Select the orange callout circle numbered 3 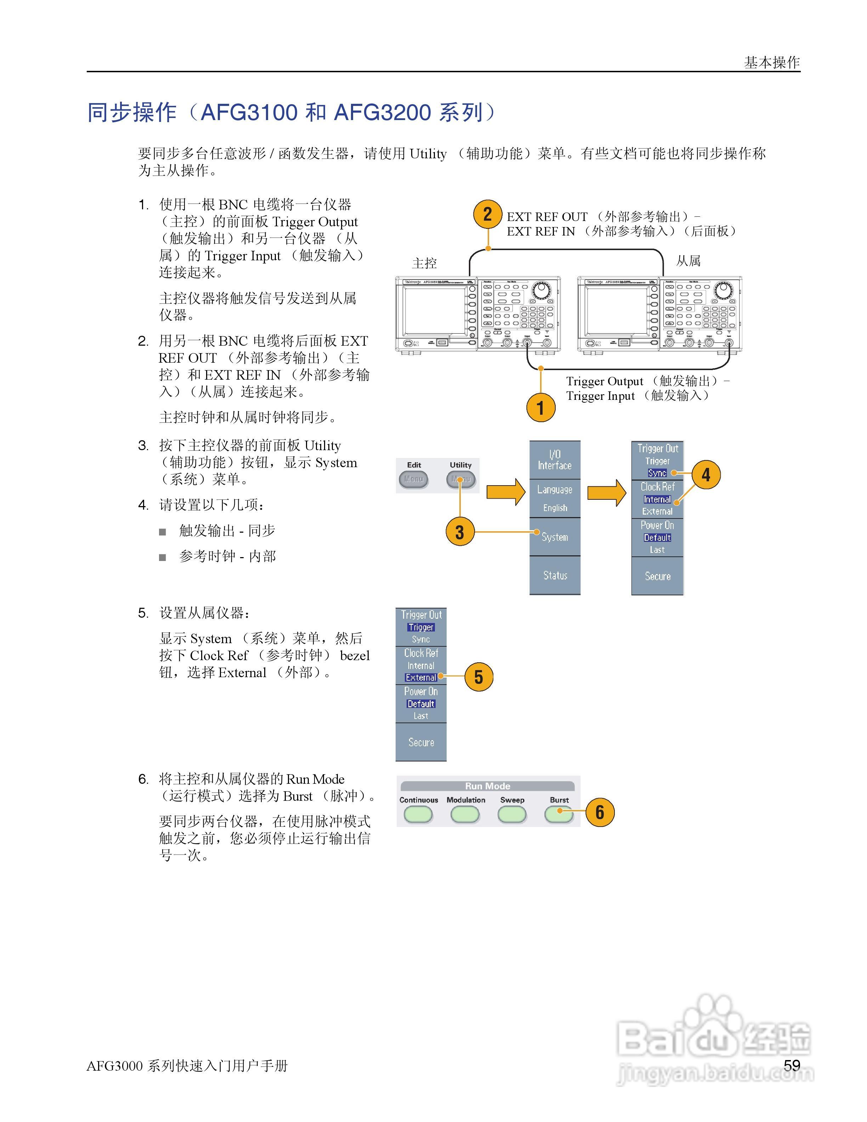click(460, 531)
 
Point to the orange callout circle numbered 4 click(706, 474)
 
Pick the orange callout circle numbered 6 click(599, 812)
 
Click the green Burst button click(559, 814)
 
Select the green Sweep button click(512, 814)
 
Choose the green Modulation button click(465, 814)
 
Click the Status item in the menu click(555, 576)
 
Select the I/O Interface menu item click(555, 460)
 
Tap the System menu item click(555, 537)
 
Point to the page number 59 click(792, 1065)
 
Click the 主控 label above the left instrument click(424, 263)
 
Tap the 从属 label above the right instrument click(688, 261)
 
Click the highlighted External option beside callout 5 click(421, 678)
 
